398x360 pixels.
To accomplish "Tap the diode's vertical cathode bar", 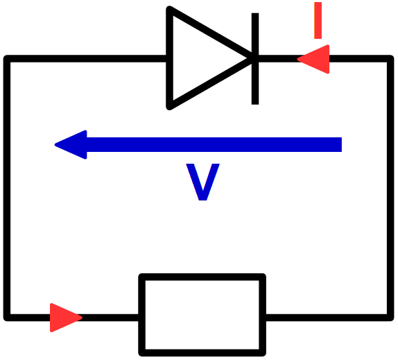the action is pyautogui.click(x=255, y=59).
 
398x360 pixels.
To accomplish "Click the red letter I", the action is pyautogui.click(x=318, y=21).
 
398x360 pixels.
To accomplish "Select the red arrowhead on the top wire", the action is pyautogui.click(x=315, y=59).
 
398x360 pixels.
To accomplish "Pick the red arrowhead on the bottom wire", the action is pyautogui.click(x=65, y=318).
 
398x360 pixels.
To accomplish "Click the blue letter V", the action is pyautogui.click(x=202, y=182).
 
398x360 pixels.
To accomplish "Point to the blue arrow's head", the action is pyautogui.click(x=71, y=145).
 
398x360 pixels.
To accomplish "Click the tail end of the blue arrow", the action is pyautogui.click(x=342, y=145).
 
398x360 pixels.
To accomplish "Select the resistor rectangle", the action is pyautogui.click(x=202, y=315).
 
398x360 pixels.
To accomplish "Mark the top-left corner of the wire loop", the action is pyautogui.click(x=7, y=59).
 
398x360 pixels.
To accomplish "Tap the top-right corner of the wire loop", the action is pyautogui.click(x=390, y=59).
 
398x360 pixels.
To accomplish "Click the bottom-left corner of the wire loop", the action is pyautogui.click(x=7, y=318).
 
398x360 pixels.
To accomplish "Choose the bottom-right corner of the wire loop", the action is pyautogui.click(x=390, y=318).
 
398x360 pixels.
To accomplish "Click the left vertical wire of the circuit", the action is pyautogui.click(x=7, y=188).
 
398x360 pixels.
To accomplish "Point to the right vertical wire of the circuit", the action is pyautogui.click(x=390, y=188).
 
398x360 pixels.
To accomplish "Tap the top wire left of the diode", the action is pyautogui.click(x=86, y=59).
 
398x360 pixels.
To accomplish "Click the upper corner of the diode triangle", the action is pyautogui.click(x=170, y=9).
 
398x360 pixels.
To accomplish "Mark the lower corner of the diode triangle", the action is pyautogui.click(x=170, y=107).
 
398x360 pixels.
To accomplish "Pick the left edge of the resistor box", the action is pyautogui.click(x=142, y=315).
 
